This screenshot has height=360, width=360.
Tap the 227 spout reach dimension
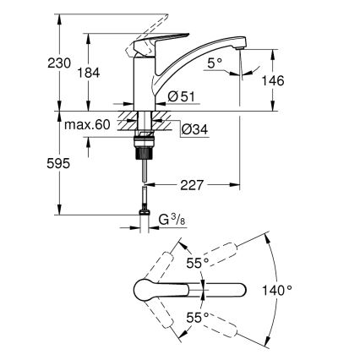click(193, 183)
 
